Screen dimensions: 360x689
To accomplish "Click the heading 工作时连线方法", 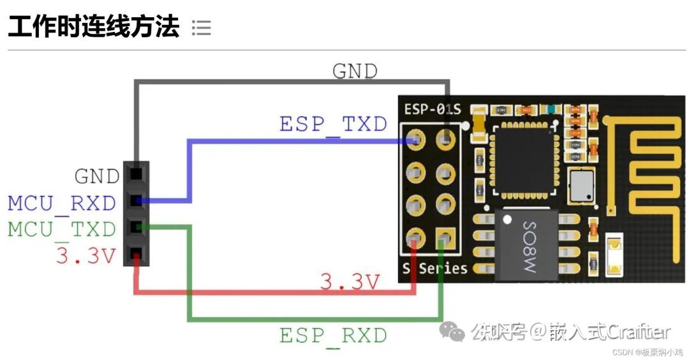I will pos(93,27).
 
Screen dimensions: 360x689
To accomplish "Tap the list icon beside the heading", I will pos(201,27).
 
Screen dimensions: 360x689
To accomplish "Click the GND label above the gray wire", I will pos(355,71).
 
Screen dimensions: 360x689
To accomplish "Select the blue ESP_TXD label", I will pos(333,124).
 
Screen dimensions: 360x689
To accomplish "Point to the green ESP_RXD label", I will pos(333,335).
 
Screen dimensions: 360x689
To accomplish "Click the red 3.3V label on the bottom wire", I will pos(350,282).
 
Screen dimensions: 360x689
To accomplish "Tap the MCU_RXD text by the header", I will pos(62,204).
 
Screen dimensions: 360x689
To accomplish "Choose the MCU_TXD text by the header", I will pos(62,229).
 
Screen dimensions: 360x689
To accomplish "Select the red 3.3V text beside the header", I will pos(86,256).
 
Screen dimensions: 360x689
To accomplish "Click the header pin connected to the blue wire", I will pos(136,201).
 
